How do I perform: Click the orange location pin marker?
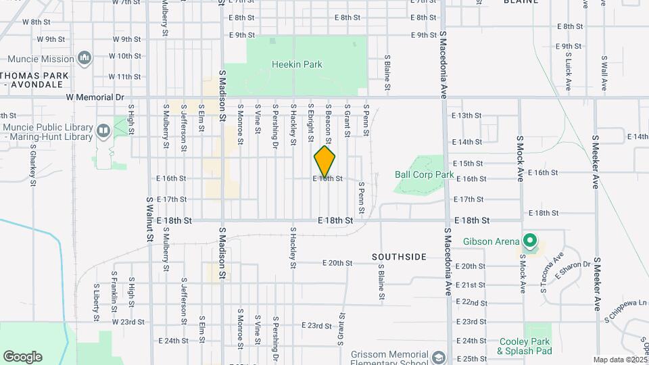click(x=324, y=161)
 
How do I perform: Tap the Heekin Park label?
click(x=297, y=65)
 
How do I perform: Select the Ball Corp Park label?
click(x=424, y=174)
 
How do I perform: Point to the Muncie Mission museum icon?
click(x=85, y=59)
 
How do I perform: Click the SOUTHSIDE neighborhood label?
click(x=399, y=257)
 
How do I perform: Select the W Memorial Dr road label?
click(x=95, y=97)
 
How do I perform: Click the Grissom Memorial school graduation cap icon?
click(x=439, y=357)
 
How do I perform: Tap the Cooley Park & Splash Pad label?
click(x=525, y=346)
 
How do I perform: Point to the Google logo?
click(x=22, y=357)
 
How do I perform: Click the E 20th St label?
click(x=337, y=263)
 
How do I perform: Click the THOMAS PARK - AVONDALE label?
click(x=33, y=80)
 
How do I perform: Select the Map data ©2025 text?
click(x=619, y=360)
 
